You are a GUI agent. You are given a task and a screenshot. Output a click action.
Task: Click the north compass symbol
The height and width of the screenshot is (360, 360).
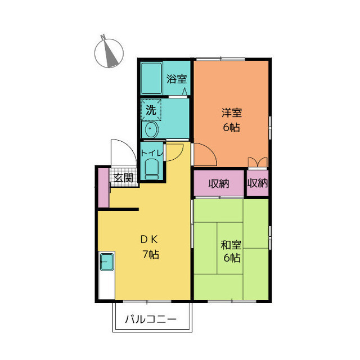click(x=108, y=53)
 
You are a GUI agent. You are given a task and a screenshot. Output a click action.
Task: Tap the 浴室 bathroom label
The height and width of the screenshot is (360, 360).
click(x=177, y=79)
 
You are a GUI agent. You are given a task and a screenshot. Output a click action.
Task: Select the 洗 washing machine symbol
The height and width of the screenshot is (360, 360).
click(x=151, y=110)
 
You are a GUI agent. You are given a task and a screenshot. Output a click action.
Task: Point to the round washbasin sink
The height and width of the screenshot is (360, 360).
click(x=151, y=130)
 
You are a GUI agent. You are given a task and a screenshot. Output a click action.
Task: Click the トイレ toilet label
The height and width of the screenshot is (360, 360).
click(x=152, y=152)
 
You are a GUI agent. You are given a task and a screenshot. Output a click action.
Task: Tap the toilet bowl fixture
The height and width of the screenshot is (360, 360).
click(x=152, y=168)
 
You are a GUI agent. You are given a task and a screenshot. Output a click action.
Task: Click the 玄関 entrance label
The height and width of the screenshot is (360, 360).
click(x=124, y=178)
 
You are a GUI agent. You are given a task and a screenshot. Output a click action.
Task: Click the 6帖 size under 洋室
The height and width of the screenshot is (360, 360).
click(x=231, y=127)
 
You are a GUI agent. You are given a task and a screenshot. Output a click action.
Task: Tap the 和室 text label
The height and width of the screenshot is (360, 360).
click(x=231, y=245)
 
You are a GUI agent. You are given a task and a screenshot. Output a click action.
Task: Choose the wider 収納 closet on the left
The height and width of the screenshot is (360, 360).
click(x=219, y=183)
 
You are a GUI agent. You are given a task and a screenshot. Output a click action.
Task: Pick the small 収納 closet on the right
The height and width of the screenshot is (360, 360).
click(x=258, y=183)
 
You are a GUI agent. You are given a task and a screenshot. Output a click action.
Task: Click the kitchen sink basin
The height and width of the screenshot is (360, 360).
click(x=107, y=262)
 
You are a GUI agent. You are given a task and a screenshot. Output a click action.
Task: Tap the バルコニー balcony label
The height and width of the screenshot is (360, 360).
click(x=150, y=319)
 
